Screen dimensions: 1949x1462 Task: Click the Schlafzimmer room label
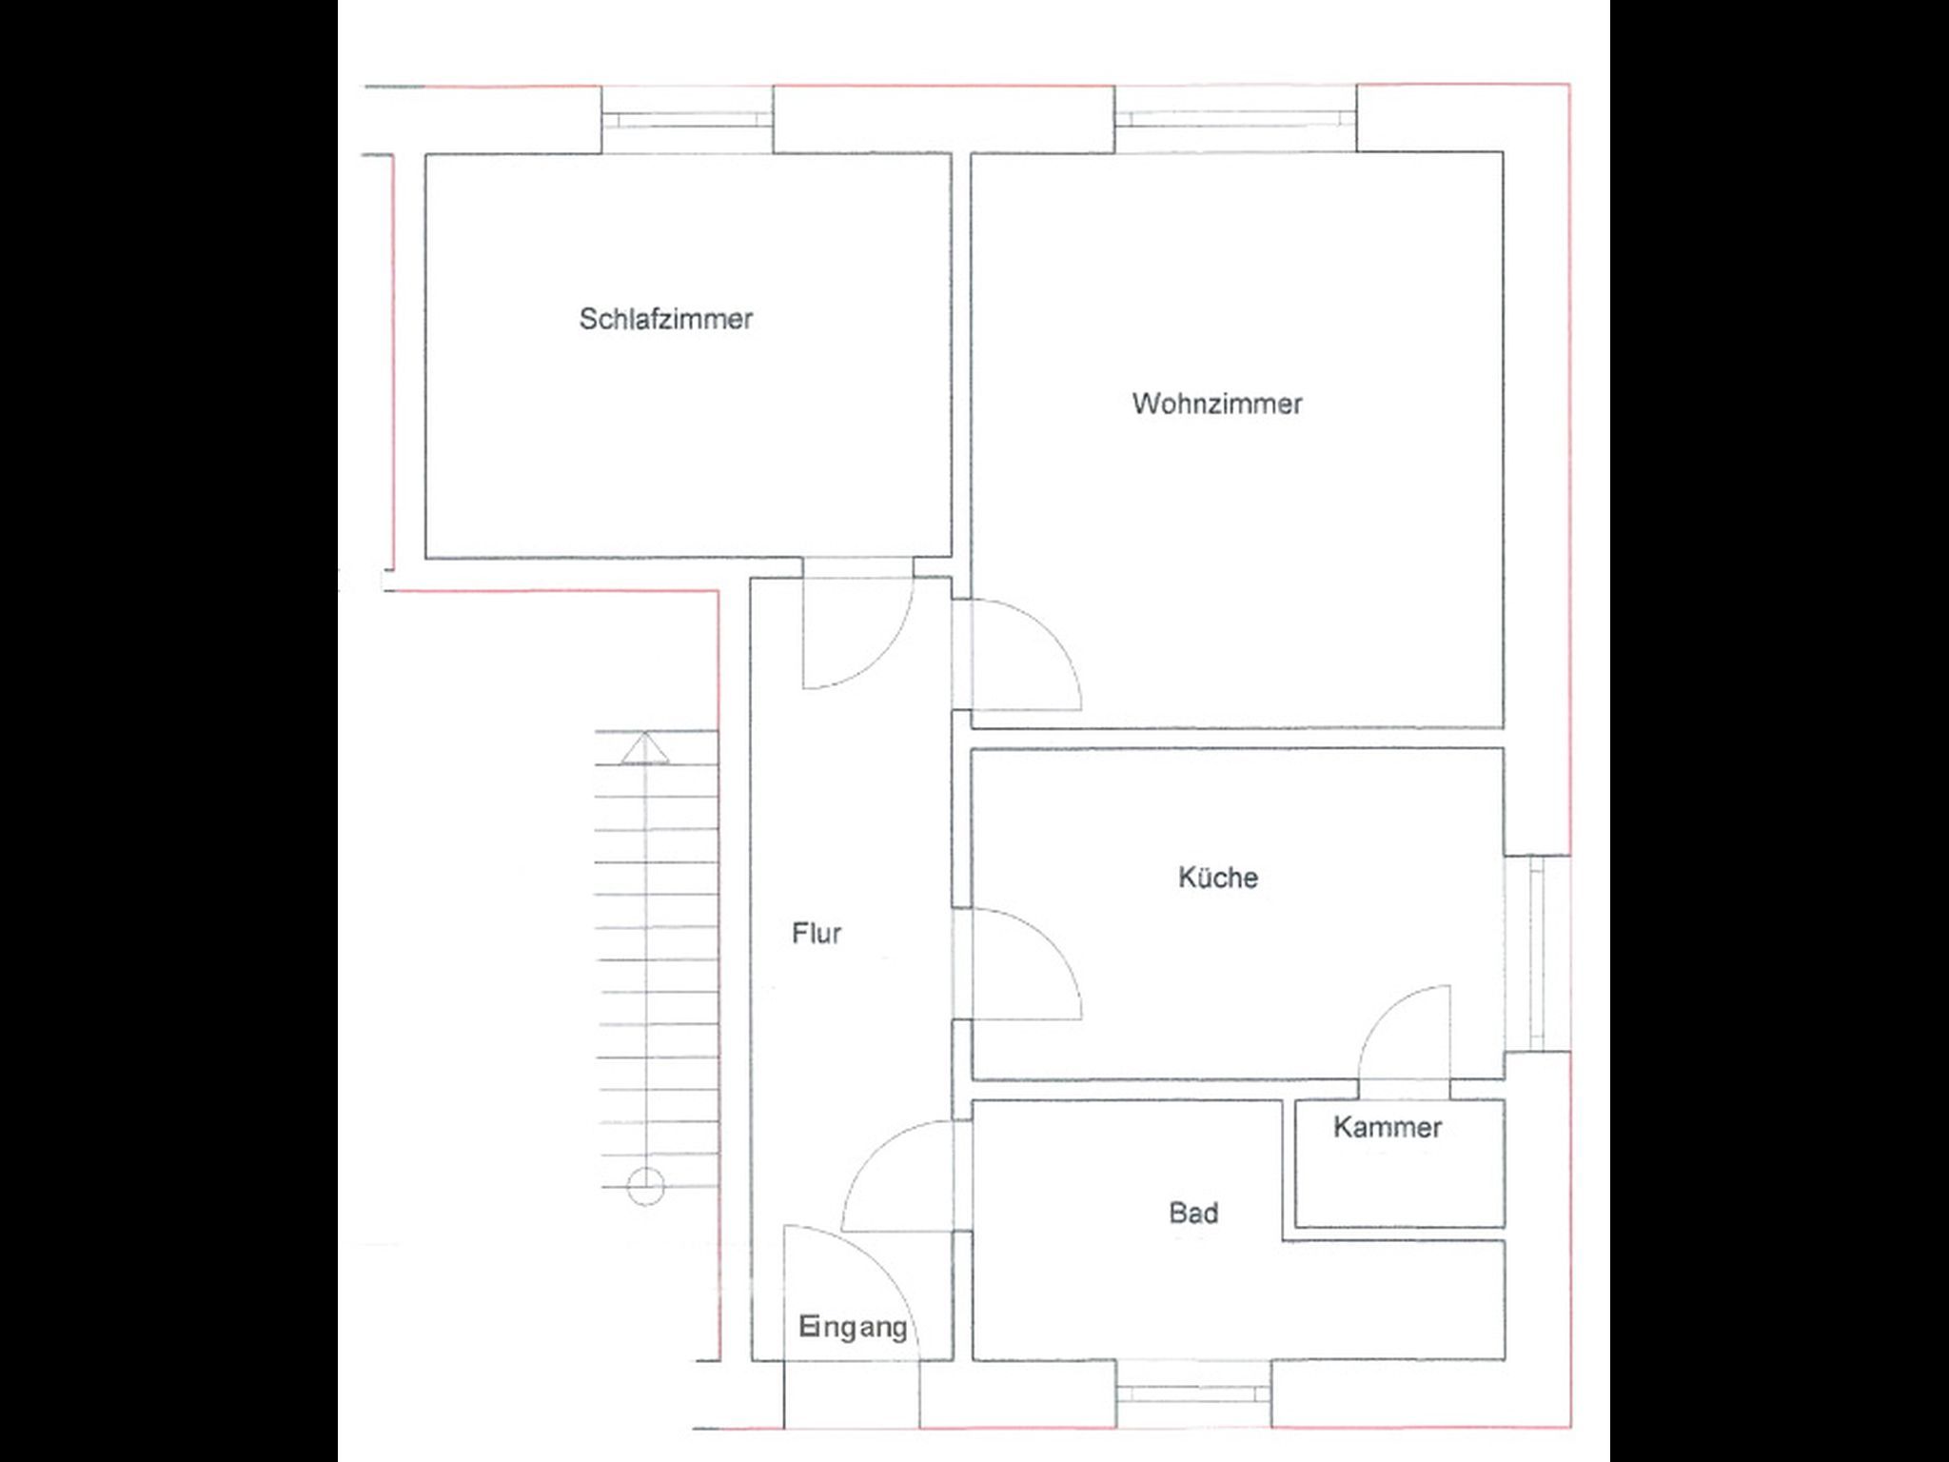pos(665,319)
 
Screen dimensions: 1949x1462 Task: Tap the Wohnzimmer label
pos(1217,404)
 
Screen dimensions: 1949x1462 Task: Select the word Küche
pos(1218,877)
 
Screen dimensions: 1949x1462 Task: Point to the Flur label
pos(817,933)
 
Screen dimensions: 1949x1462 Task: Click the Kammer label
pos(1388,1127)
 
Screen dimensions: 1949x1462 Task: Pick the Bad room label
pos(1193,1213)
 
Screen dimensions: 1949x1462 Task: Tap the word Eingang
pos(853,1327)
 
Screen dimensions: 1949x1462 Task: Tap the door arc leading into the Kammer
pos(1386,1013)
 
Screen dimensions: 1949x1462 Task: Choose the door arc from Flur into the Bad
pos(875,1152)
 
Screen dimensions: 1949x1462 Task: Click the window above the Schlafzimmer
pos(686,119)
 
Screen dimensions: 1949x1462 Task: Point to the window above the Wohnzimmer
pos(1235,118)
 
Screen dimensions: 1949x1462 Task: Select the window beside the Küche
pos(1537,953)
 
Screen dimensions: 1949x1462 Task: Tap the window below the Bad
pos(1193,1393)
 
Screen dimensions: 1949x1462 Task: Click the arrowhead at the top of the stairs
pos(646,748)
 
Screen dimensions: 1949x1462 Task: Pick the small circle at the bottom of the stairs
pos(646,1186)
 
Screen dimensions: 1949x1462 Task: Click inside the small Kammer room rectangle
pos(1400,1163)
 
